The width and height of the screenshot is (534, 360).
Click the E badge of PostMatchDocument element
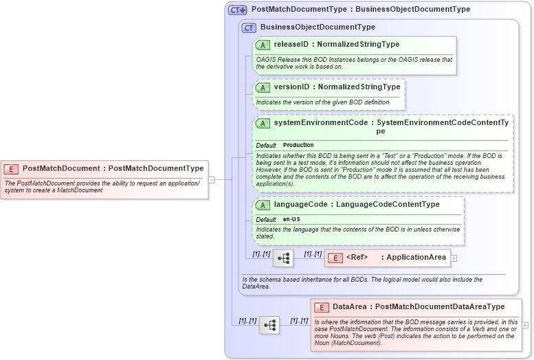[x=12, y=168]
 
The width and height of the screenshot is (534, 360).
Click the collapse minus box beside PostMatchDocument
[x=212, y=180]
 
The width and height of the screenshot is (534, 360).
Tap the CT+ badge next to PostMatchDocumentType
[x=238, y=10]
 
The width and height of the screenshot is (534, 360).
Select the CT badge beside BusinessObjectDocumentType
[x=249, y=27]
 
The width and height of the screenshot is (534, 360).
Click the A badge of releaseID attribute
[x=263, y=45]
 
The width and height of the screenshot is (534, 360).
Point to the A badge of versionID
[x=263, y=87]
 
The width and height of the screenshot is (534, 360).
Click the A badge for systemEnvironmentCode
[x=263, y=123]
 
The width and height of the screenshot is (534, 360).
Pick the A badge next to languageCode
[x=263, y=205]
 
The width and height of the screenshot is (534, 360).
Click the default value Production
[x=298, y=146]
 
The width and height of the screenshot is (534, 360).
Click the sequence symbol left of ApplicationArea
[x=283, y=258]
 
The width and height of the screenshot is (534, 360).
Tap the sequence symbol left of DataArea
[x=269, y=325]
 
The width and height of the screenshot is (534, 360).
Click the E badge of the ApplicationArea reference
[x=335, y=258]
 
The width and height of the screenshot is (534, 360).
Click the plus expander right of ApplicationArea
[x=454, y=258]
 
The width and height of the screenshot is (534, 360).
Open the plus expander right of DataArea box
[x=526, y=325]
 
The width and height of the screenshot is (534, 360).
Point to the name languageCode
[x=299, y=205]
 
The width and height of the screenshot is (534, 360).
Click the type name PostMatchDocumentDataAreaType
[x=440, y=307]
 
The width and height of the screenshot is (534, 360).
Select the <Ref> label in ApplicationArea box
[x=357, y=258]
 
